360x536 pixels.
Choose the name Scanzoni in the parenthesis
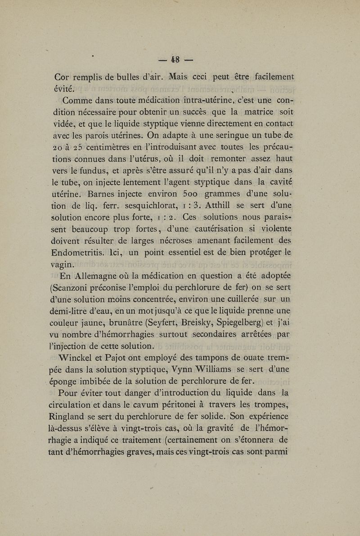click(x=76, y=287)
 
